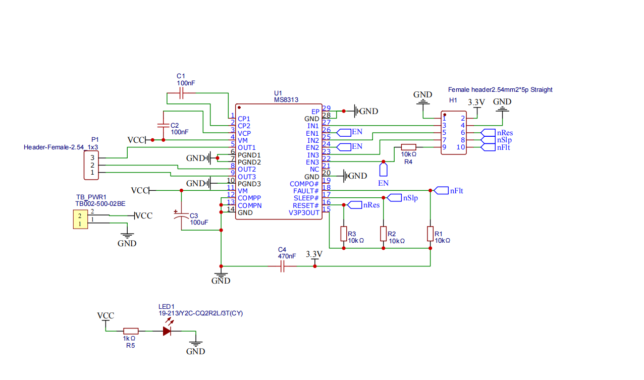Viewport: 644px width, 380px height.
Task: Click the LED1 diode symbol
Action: tap(167, 331)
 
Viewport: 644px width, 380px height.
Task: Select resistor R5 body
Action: tap(131, 331)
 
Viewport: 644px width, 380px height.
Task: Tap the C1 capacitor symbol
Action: tap(181, 93)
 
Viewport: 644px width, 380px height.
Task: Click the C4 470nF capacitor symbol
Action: tap(282, 266)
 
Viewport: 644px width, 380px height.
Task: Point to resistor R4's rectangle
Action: tap(408, 147)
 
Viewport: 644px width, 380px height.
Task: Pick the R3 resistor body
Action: tap(344, 234)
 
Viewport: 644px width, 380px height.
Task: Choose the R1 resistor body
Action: tap(430, 234)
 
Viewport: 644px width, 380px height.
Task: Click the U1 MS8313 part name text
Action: tap(286, 100)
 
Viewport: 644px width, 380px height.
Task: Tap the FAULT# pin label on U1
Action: tap(306, 191)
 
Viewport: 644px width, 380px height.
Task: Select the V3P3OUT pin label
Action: tap(304, 212)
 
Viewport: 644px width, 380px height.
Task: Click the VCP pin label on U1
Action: tap(244, 133)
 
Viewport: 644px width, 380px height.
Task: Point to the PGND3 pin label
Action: tap(249, 184)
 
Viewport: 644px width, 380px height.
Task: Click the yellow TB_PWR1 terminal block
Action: tap(81, 220)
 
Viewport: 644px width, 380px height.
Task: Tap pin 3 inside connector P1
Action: tap(92, 157)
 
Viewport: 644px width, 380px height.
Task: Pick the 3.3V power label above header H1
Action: tap(476, 102)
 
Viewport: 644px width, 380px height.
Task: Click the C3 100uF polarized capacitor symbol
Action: tap(181, 215)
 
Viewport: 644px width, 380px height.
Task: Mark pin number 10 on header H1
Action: tap(461, 147)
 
